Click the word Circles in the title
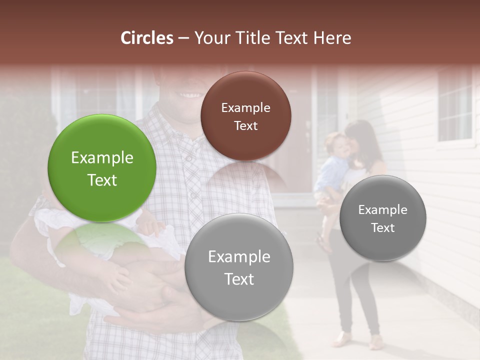pos(146,38)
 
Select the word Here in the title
pos(332,38)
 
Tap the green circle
pos(102,168)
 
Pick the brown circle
pos(245,116)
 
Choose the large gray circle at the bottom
pos(239,267)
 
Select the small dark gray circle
pos(383,218)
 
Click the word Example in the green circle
pos(102,158)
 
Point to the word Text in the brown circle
pos(245,125)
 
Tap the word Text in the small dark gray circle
pos(383,228)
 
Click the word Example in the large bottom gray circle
pos(239,257)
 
